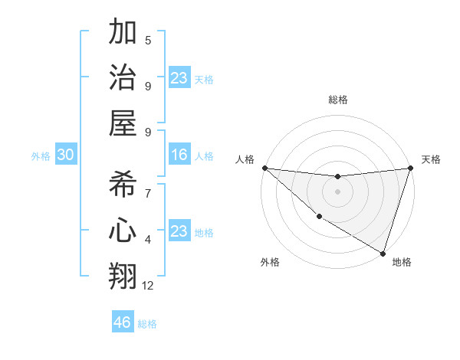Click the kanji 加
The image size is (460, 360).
pyautogui.click(x=123, y=33)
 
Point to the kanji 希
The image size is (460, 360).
pyautogui.click(x=123, y=186)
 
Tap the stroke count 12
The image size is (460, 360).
pyautogui.click(x=148, y=286)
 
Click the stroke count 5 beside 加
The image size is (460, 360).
pyautogui.click(x=148, y=41)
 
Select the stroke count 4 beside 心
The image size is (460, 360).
pyautogui.click(x=148, y=240)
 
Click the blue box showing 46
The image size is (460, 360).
pyautogui.click(x=123, y=322)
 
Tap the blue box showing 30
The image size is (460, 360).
pyautogui.click(x=65, y=155)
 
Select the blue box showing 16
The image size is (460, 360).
pyautogui.click(x=179, y=155)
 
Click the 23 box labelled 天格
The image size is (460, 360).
pyautogui.click(x=179, y=78)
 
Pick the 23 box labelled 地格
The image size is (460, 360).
pyautogui.click(x=179, y=231)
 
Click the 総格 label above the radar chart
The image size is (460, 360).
pyautogui.click(x=337, y=100)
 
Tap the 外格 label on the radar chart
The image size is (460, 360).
pyautogui.click(x=270, y=263)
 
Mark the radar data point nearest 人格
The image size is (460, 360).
pyautogui.click(x=264, y=168)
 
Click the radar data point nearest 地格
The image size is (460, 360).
pyautogui.click(x=383, y=253)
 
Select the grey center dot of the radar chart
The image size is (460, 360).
pyautogui.click(x=337, y=191)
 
